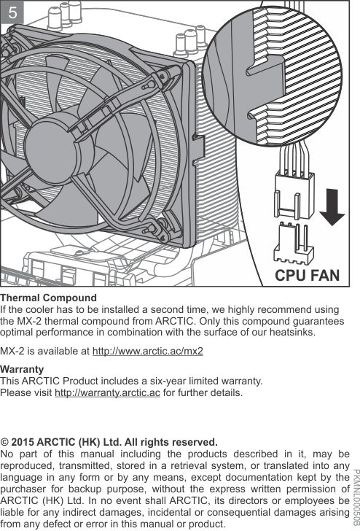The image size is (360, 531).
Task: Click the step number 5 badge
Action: [x=12, y=12]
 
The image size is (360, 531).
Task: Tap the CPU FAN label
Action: [x=308, y=275]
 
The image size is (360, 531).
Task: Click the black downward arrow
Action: [x=332, y=207]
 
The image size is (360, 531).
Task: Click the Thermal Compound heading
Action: [x=48, y=298]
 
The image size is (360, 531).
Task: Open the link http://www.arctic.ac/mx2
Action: [x=147, y=351]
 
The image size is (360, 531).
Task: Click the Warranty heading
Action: [x=22, y=369]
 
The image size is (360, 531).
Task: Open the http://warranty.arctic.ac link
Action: [x=107, y=393]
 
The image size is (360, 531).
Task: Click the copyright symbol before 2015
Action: [x=4, y=442]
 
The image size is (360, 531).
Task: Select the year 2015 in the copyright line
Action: [x=23, y=442]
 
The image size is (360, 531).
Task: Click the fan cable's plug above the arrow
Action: [x=294, y=194]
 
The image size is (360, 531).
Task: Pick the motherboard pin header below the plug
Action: [x=294, y=242]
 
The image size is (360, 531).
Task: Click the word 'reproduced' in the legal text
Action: [x=27, y=465]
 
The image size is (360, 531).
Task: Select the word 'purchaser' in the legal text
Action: [x=22, y=489]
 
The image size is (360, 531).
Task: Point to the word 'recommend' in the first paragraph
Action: [x=280, y=309]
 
